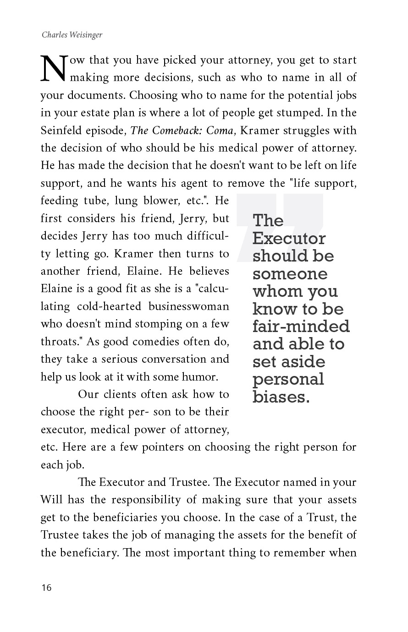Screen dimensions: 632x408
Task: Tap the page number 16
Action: point(46,588)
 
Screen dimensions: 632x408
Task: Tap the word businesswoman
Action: point(187,306)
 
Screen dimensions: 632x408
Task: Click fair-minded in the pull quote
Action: point(301,327)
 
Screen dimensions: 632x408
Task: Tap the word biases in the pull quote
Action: point(281,397)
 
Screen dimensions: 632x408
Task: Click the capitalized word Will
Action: point(52,500)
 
